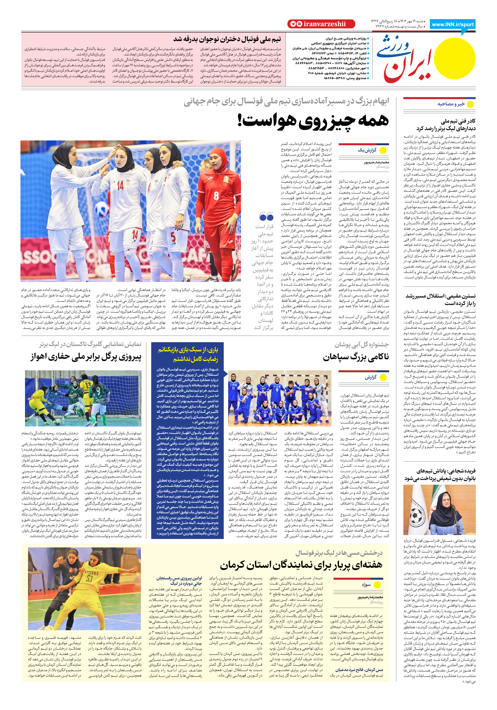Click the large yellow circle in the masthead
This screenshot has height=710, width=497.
[x=454, y=58]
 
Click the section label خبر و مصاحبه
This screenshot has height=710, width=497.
[x=451, y=104]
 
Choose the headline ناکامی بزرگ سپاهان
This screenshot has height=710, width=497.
[x=356, y=357]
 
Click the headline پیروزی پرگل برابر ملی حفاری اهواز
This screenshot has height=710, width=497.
[x=86, y=357]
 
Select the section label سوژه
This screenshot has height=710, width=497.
[x=366, y=585]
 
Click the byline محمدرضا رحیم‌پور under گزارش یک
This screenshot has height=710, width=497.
[x=376, y=162]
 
